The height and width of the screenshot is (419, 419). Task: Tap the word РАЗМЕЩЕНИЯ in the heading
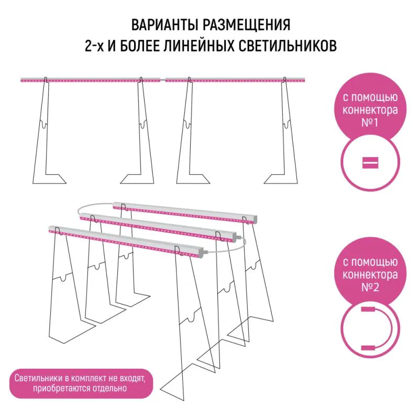[x=246, y=25]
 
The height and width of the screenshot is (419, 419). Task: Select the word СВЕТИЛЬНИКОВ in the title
[x=287, y=46]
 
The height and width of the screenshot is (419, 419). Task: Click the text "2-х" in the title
[x=94, y=46]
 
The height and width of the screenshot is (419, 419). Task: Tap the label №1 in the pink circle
[x=370, y=123]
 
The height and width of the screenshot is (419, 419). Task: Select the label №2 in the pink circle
[x=370, y=287]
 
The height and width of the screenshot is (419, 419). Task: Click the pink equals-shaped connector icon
[x=370, y=163]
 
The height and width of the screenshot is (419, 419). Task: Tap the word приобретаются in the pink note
[x=62, y=388]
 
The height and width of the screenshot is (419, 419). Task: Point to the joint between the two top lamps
[x=163, y=80]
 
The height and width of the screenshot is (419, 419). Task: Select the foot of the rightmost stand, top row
[x=281, y=179]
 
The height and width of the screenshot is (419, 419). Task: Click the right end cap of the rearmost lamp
[x=255, y=219]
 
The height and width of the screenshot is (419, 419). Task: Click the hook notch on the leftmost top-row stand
[x=44, y=124]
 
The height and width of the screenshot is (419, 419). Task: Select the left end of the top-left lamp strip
[x=21, y=80]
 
